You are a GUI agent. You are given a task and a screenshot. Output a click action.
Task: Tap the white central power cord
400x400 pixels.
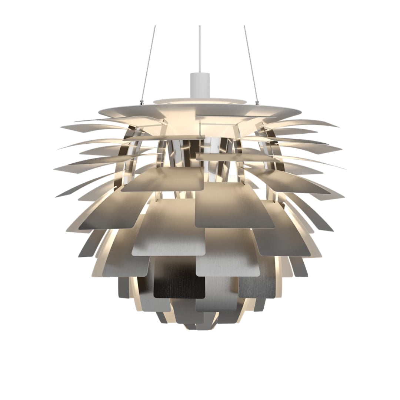point(200,48)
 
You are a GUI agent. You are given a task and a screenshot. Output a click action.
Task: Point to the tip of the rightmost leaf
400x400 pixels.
point(345,169)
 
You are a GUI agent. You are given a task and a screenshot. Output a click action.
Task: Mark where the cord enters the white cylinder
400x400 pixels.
point(200,73)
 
